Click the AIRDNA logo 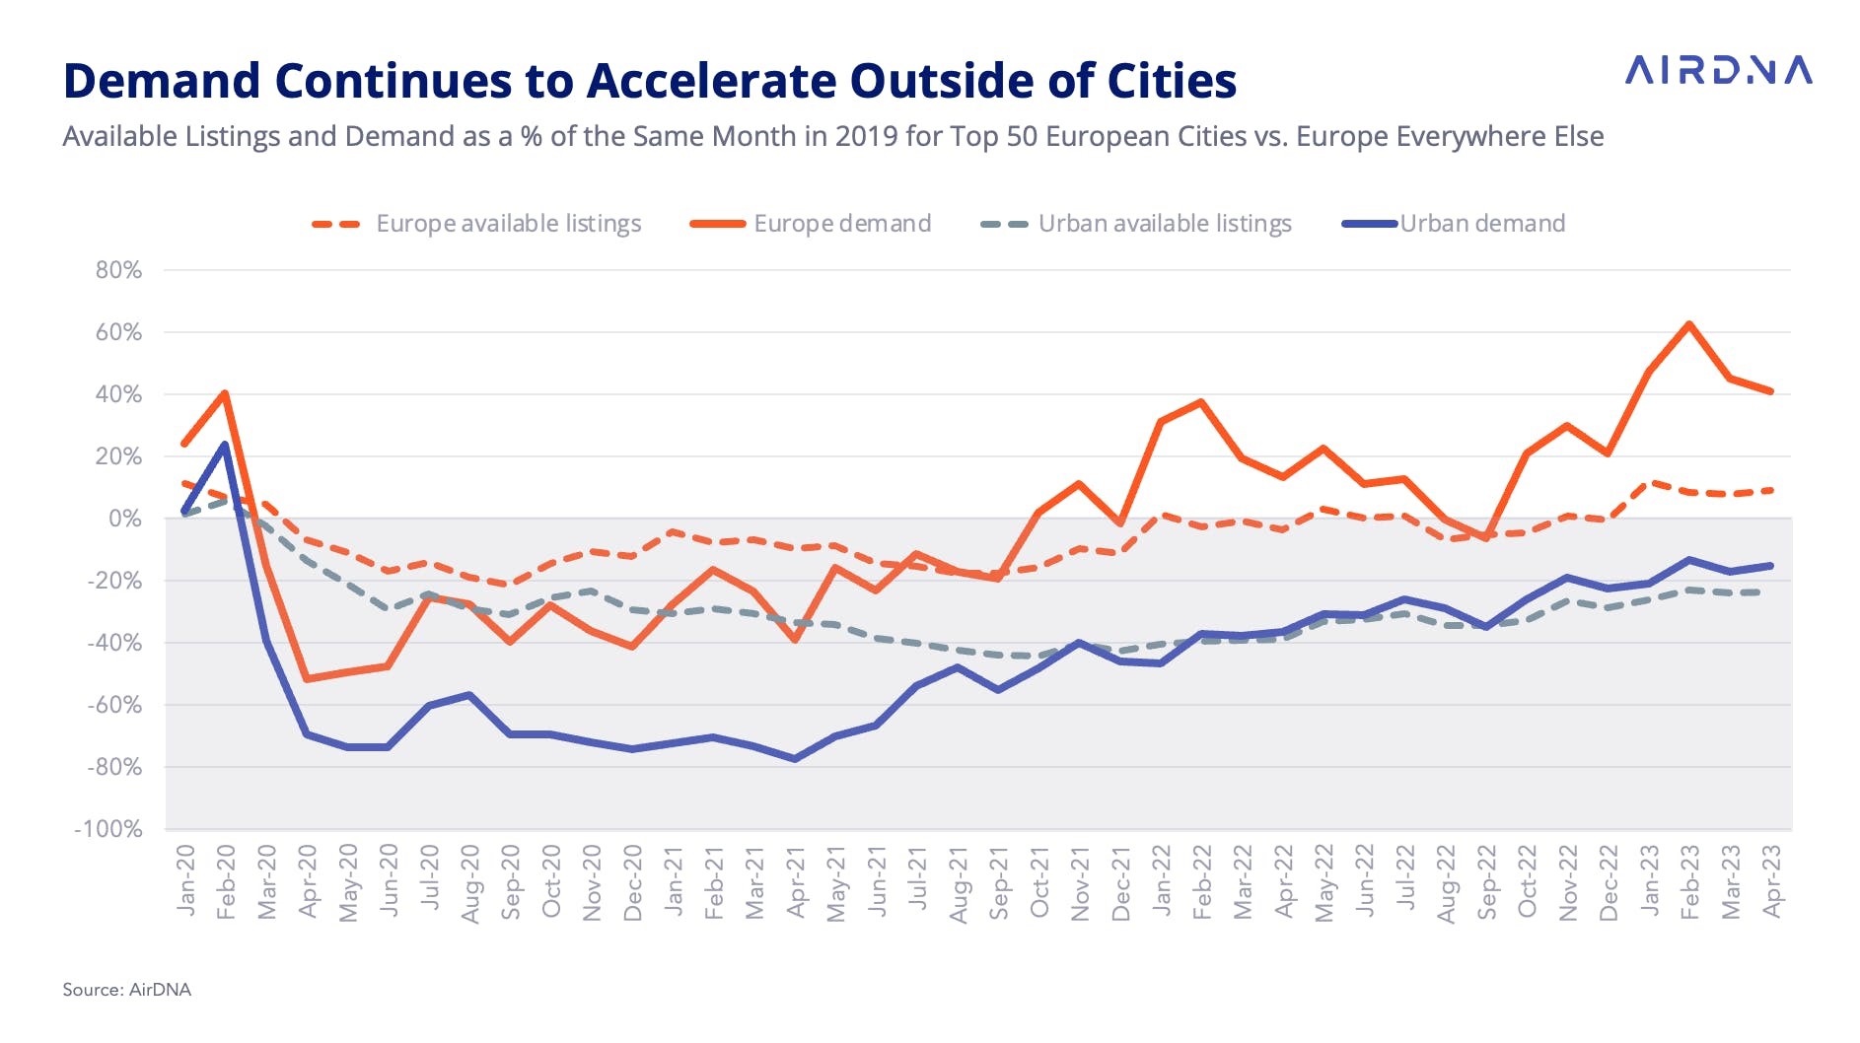tap(1718, 70)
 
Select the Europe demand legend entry tap(811, 224)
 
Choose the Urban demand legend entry tap(1455, 224)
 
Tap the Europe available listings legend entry tap(477, 224)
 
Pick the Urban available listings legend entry tap(1136, 224)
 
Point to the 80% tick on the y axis tap(118, 270)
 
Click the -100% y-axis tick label tap(108, 829)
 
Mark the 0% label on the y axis tap(124, 519)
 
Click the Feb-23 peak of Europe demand tap(1689, 324)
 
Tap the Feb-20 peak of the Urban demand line tap(225, 445)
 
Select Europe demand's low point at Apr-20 tap(307, 679)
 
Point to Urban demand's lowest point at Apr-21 tap(795, 759)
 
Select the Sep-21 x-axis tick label tap(998, 881)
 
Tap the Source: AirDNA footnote tap(126, 990)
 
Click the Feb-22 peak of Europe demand tap(1201, 402)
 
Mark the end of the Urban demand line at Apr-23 tap(1771, 566)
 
